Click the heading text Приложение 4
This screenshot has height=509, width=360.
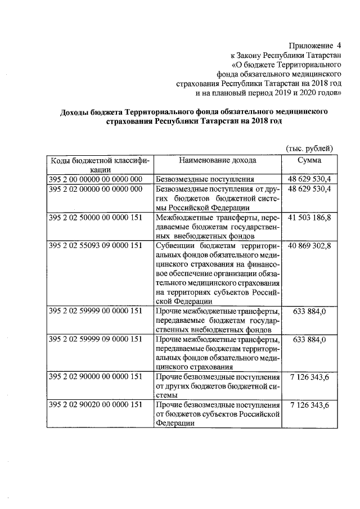pos(316,44)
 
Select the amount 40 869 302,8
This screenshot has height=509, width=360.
pos(309,245)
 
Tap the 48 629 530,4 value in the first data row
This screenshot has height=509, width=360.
pos(309,179)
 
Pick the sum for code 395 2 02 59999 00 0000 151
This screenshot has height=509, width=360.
pos(309,312)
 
